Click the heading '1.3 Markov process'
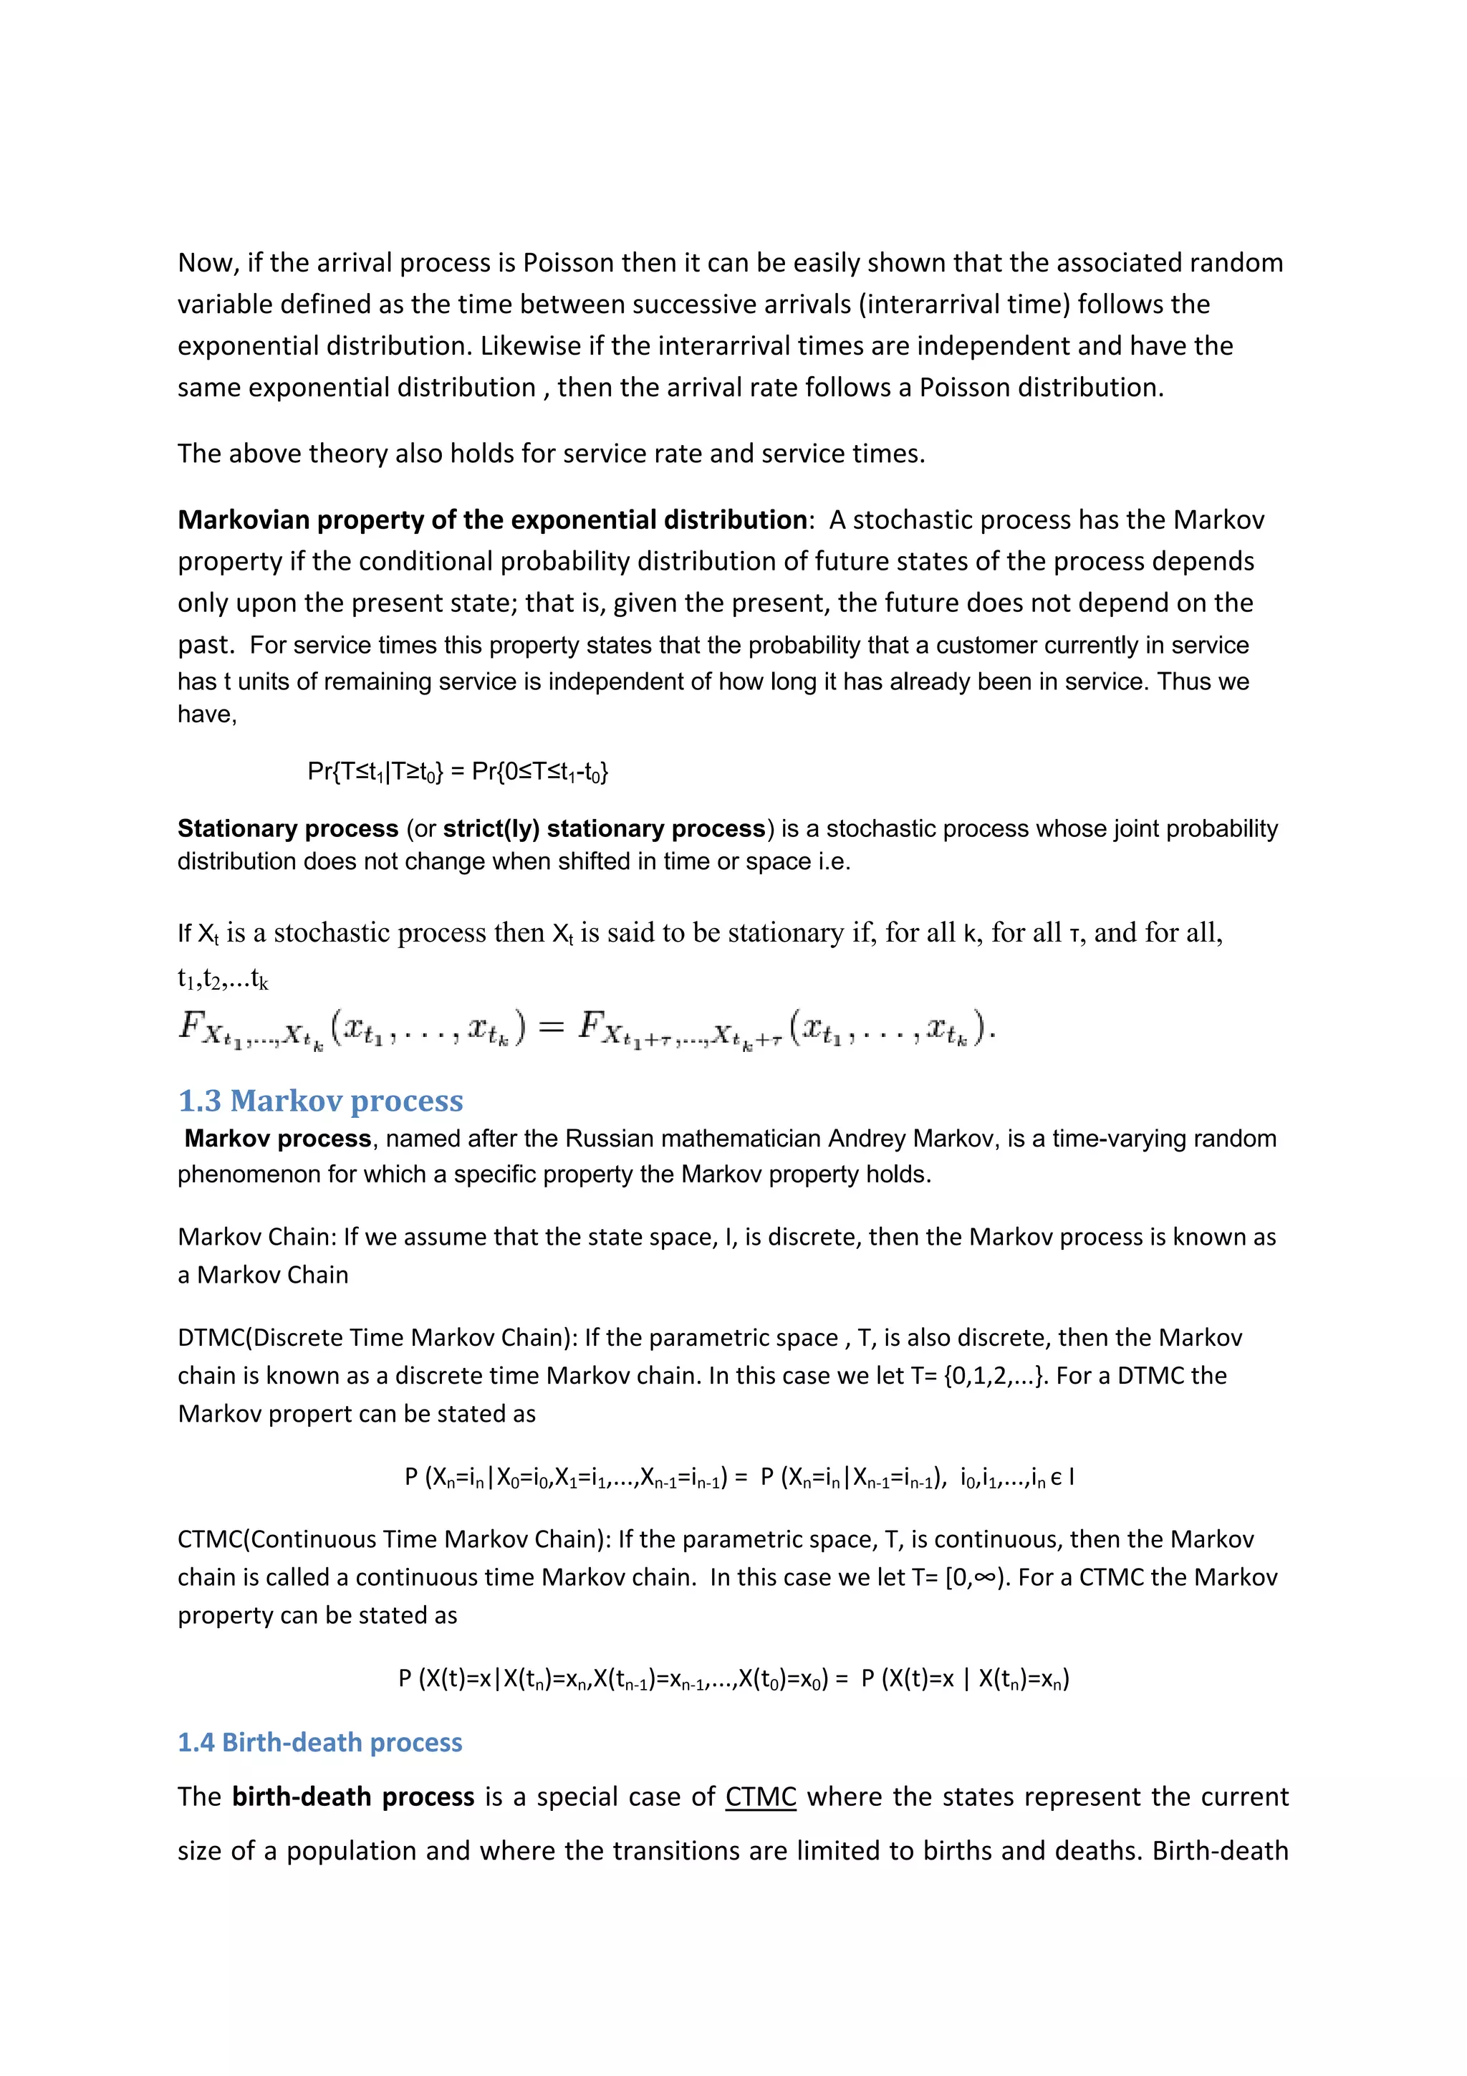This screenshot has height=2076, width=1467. click(320, 1101)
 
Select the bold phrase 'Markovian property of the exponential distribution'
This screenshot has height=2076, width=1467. click(491, 520)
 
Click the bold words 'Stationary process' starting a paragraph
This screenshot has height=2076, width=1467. click(287, 828)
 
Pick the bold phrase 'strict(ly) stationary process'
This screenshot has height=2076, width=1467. click(604, 828)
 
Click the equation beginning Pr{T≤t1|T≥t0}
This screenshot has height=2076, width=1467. click(458, 771)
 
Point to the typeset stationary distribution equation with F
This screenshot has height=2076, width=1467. click(587, 1029)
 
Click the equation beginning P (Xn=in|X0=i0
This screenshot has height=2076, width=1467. click(739, 1478)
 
